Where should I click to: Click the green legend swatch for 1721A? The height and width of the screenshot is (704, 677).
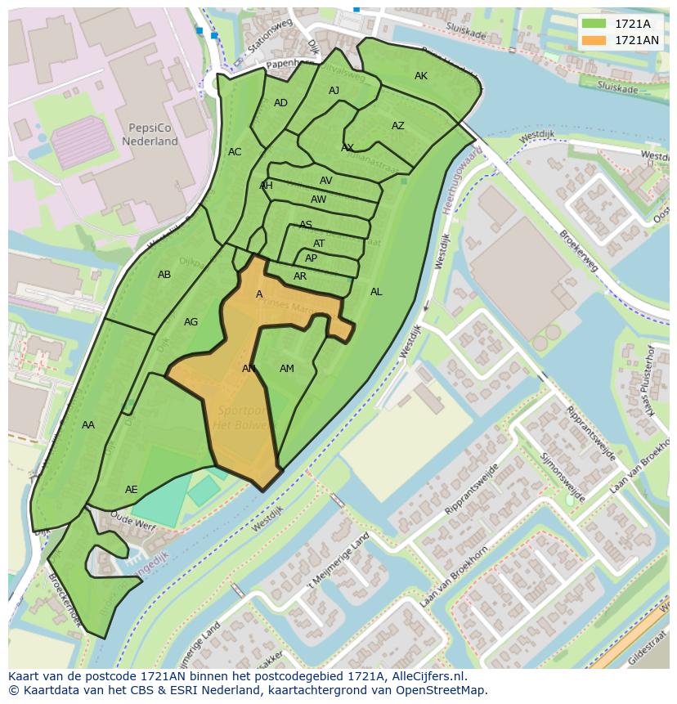coord(594,24)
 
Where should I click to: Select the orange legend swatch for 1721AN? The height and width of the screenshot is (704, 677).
coord(594,40)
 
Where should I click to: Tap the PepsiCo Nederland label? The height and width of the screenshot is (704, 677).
coord(150,135)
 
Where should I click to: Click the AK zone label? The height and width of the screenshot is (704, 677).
coord(421,76)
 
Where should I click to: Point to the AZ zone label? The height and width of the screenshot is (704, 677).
coord(398,126)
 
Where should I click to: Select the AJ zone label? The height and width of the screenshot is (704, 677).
coord(334,91)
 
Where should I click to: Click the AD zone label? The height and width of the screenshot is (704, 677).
coord(280,103)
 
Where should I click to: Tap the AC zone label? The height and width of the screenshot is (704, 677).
coord(235,152)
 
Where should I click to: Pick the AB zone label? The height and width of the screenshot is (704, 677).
coord(164,275)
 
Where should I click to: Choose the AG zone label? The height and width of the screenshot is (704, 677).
coord(191,322)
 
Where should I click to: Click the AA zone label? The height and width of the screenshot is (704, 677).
coord(88,425)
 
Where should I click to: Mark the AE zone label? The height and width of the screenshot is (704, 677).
coord(131,490)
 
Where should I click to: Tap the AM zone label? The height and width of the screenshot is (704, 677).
coord(286,369)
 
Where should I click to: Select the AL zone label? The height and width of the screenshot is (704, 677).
coord(376,292)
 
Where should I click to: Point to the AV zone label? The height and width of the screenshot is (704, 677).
coord(326,181)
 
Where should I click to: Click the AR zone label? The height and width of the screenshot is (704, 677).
coord(300,276)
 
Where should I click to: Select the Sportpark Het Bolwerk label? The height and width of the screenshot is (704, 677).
coord(242,418)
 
